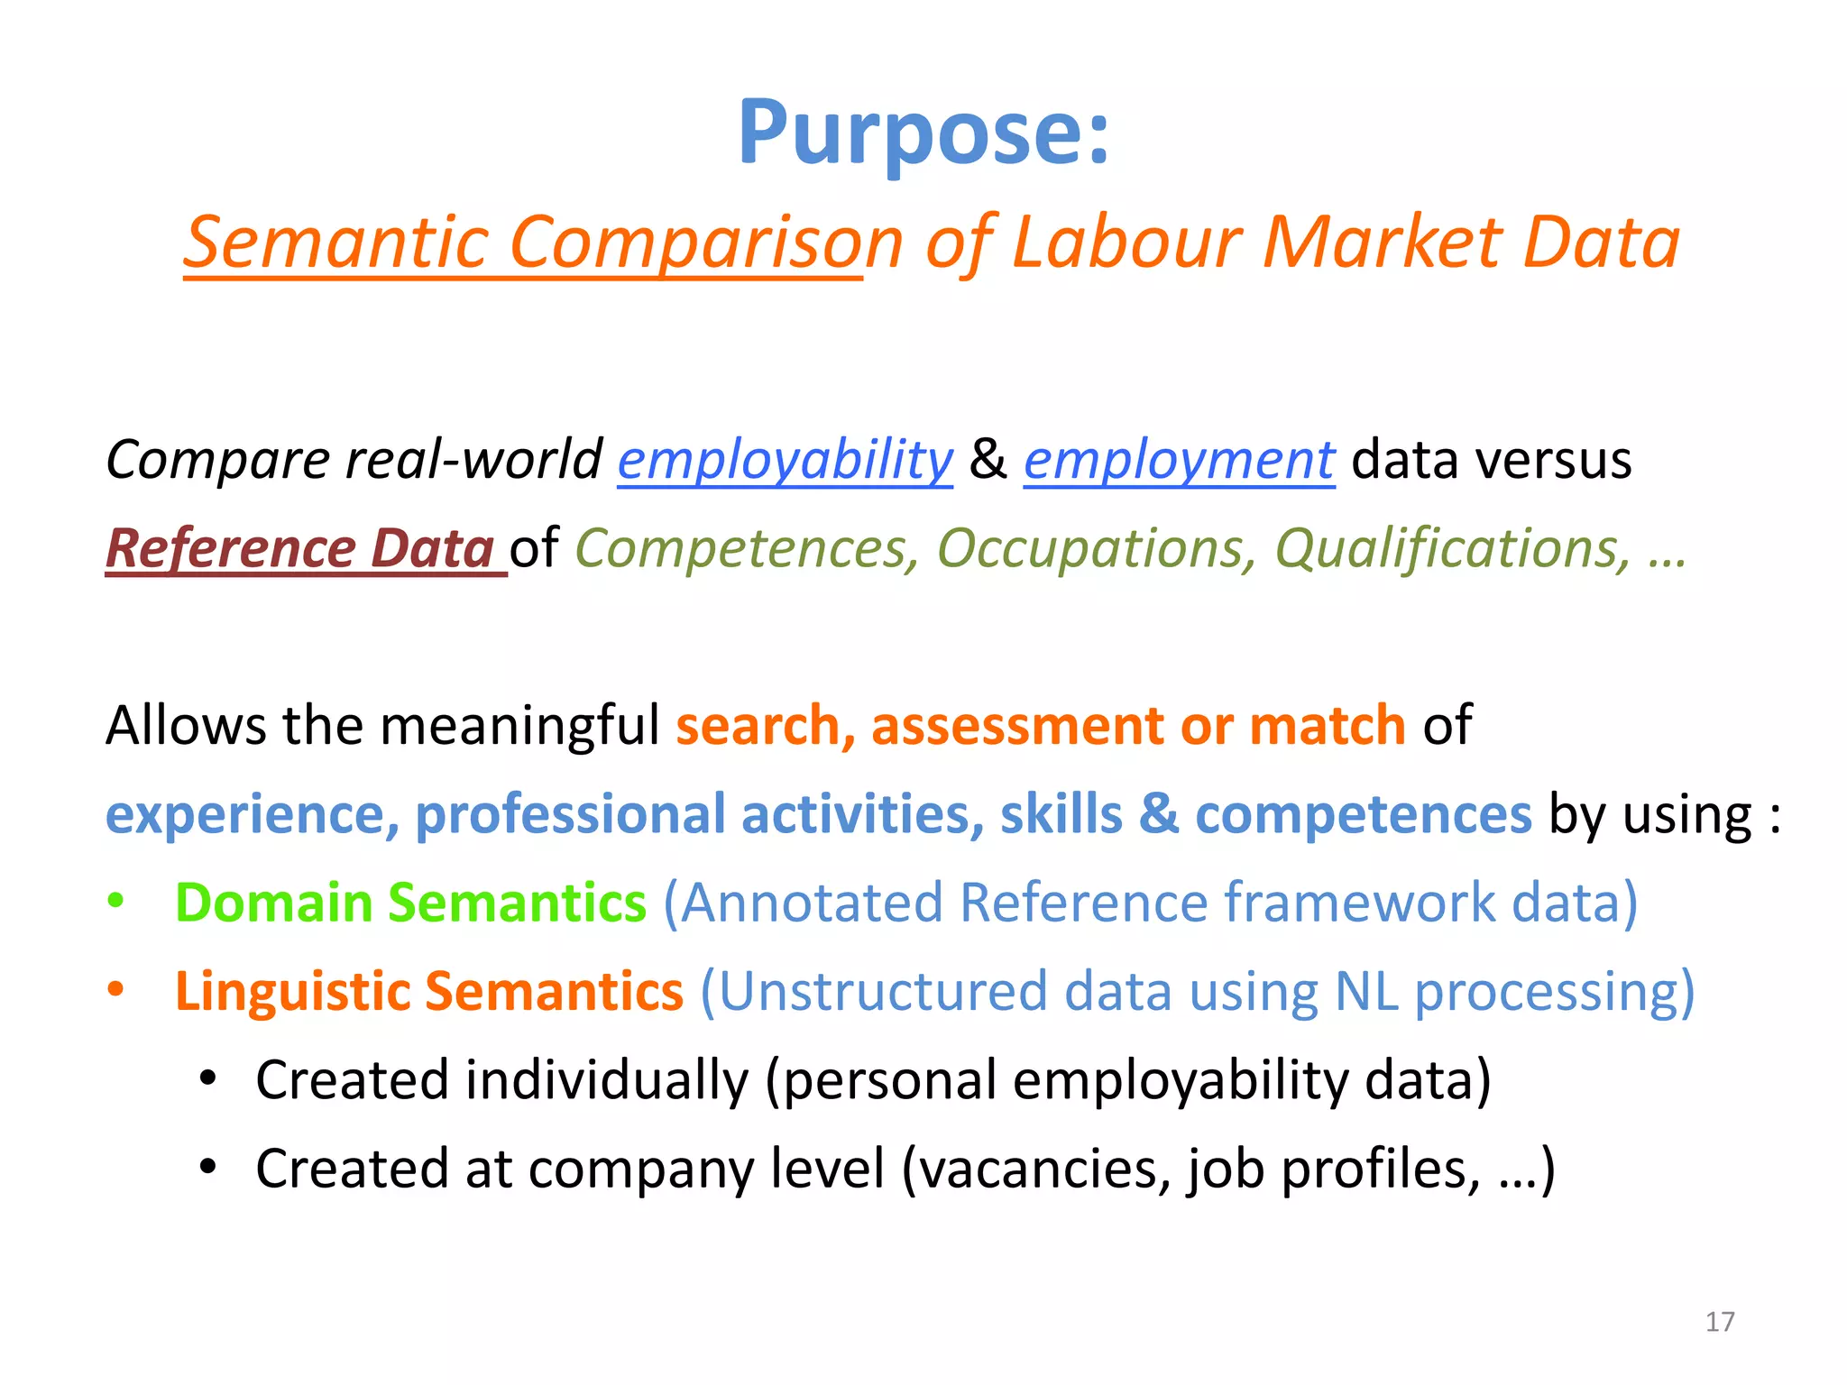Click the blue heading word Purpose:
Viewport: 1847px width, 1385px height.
[x=923, y=133]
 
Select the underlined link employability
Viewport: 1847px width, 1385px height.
[x=785, y=460]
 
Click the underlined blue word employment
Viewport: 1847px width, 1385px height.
[x=1179, y=460]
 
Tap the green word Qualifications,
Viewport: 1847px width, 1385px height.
[x=1453, y=548]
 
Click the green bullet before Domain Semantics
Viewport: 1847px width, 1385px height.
[x=115, y=902]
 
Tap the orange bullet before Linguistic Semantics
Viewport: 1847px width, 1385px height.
[x=115, y=990]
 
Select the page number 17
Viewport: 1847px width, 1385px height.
[x=1720, y=1322]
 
